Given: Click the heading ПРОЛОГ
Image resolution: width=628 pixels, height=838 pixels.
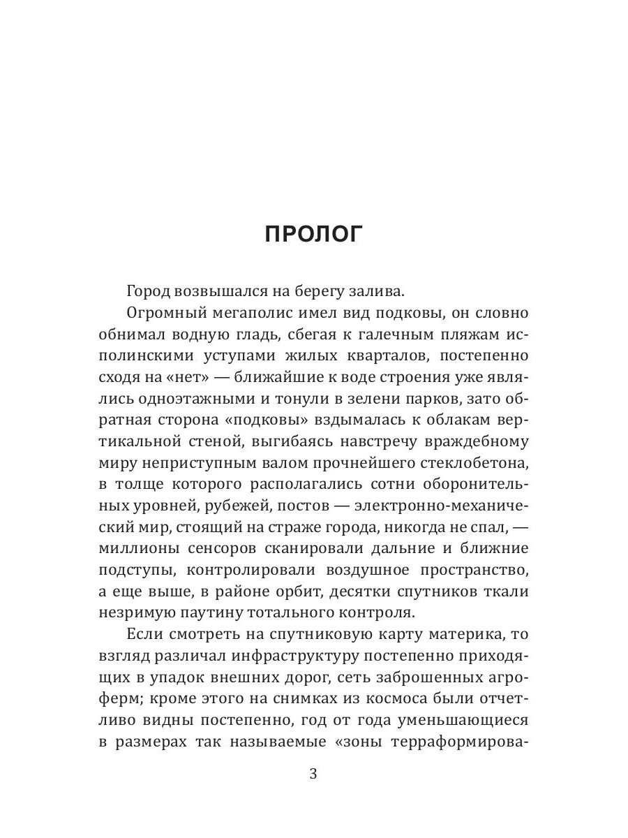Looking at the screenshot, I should coord(314,234).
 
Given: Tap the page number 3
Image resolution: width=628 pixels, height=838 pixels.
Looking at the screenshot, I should coord(313,775).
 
